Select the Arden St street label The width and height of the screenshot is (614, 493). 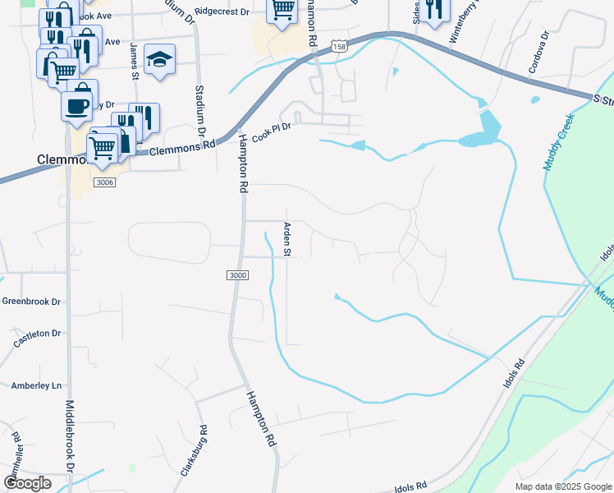(x=288, y=238)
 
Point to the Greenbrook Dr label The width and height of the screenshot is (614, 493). (x=32, y=302)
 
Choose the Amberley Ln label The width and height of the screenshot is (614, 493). (x=36, y=385)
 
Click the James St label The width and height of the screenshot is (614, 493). (x=134, y=62)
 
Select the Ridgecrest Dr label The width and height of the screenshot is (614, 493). (x=221, y=12)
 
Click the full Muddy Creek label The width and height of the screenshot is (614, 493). (x=558, y=141)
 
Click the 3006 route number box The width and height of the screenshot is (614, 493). (x=104, y=182)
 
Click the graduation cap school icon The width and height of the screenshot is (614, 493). (x=159, y=59)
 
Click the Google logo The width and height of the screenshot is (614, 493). (x=27, y=483)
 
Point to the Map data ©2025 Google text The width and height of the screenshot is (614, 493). (x=562, y=486)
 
